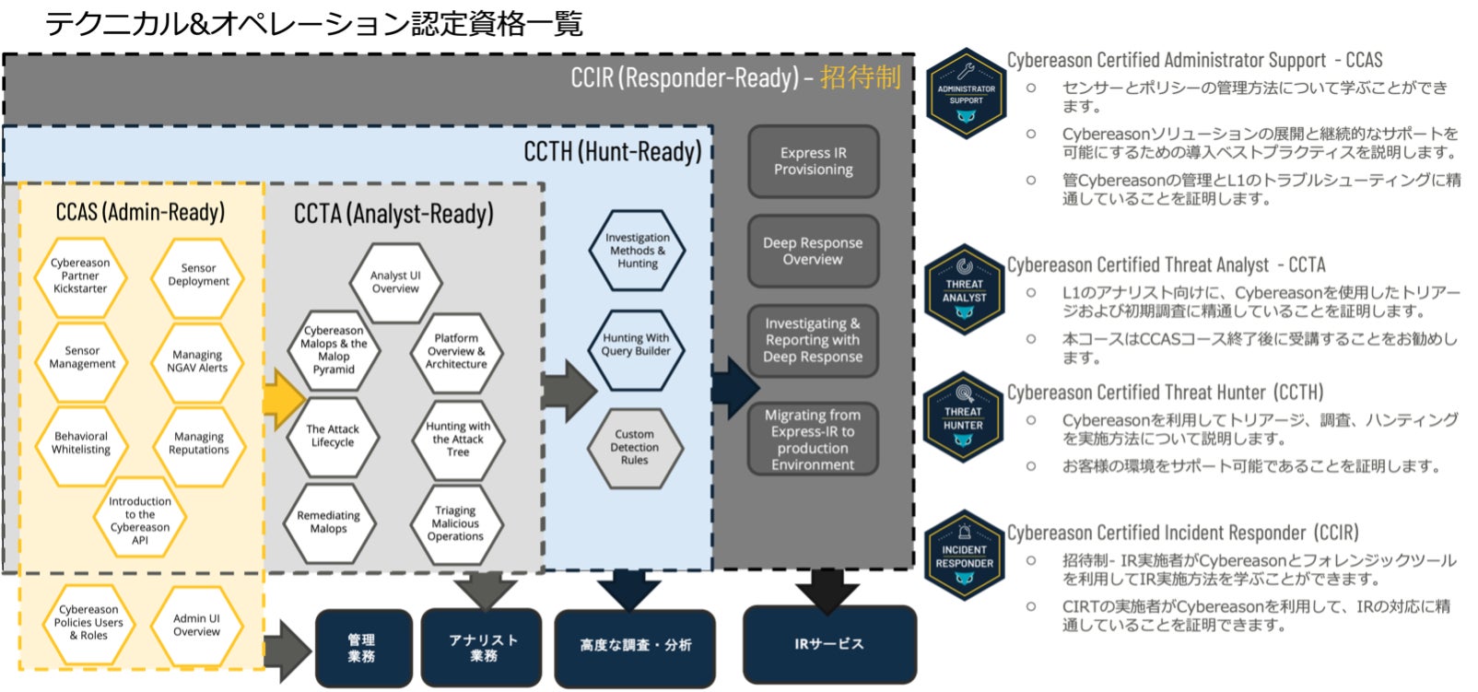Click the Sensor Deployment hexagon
(x=198, y=275)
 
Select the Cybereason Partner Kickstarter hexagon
(x=80, y=276)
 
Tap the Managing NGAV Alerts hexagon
(x=197, y=361)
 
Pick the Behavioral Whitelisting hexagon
(x=81, y=443)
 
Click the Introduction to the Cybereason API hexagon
(x=140, y=521)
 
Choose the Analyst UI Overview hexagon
(x=395, y=282)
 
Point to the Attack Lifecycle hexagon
(x=333, y=436)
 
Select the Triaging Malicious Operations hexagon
(x=455, y=523)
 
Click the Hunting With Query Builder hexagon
(x=636, y=345)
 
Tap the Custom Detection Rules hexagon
(x=635, y=447)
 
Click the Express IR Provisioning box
(x=813, y=161)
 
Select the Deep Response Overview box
(x=813, y=252)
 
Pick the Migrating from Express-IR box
(x=813, y=440)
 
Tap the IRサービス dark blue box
(x=829, y=644)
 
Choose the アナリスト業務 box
(x=483, y=648)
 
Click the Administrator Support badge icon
(x=966, y=94)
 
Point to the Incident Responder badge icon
(x=965, y=556)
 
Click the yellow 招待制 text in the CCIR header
(x=860, y=77)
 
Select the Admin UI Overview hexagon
(x=196, y=626)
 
